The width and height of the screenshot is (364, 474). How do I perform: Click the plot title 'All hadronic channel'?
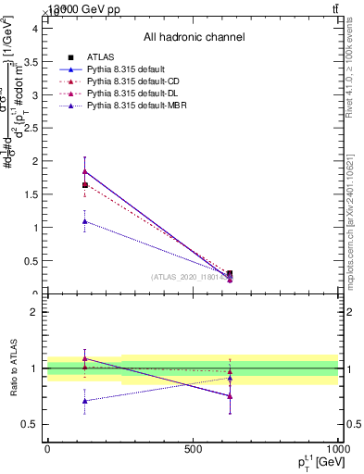(194, 38)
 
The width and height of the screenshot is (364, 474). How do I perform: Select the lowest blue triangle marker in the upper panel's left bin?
(85, 221)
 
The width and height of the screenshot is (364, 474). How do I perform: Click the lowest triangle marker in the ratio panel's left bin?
(85, 401)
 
